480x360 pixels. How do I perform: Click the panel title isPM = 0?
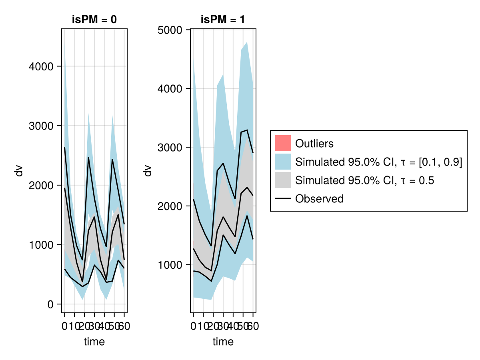(x=94, y=20)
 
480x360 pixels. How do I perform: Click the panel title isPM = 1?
(x=223, y=20)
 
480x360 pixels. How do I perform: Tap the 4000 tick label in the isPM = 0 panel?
(x=42, y=66)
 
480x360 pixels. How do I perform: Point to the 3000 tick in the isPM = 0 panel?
(x=42, y=126)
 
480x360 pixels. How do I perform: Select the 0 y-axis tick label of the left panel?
(x=50, y=304)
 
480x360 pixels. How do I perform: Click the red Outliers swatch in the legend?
(x=283, y=143)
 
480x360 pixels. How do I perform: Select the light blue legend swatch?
(x=283, y=162)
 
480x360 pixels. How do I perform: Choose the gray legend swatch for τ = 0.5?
(x=283, y=180)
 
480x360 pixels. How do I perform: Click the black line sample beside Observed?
(x=283, y=199)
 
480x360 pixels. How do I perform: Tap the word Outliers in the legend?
(x=314, y=143)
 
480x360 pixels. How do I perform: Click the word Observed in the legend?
(x=319, y=199)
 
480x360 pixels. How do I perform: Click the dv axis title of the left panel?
(x=18, y=171)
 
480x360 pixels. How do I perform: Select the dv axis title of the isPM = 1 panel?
(x=148, y=171)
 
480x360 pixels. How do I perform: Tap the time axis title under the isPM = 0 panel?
(x=94, y=342)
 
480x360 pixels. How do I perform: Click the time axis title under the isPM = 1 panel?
(x=223, y=342)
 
